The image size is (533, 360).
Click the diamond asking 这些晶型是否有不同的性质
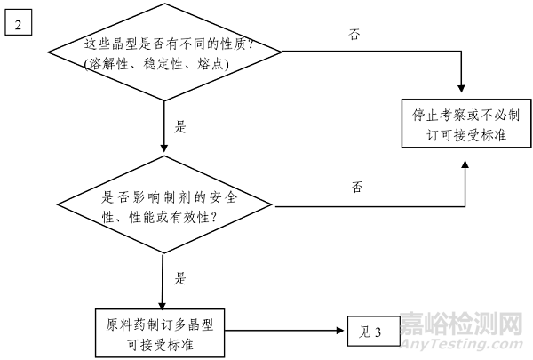(x=165, y=53)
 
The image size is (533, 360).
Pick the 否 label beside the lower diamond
(x=358, y=187)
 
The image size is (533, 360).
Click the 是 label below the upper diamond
(x=181, y=126)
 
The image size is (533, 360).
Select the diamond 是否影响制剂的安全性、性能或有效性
(x=165, y=206)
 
